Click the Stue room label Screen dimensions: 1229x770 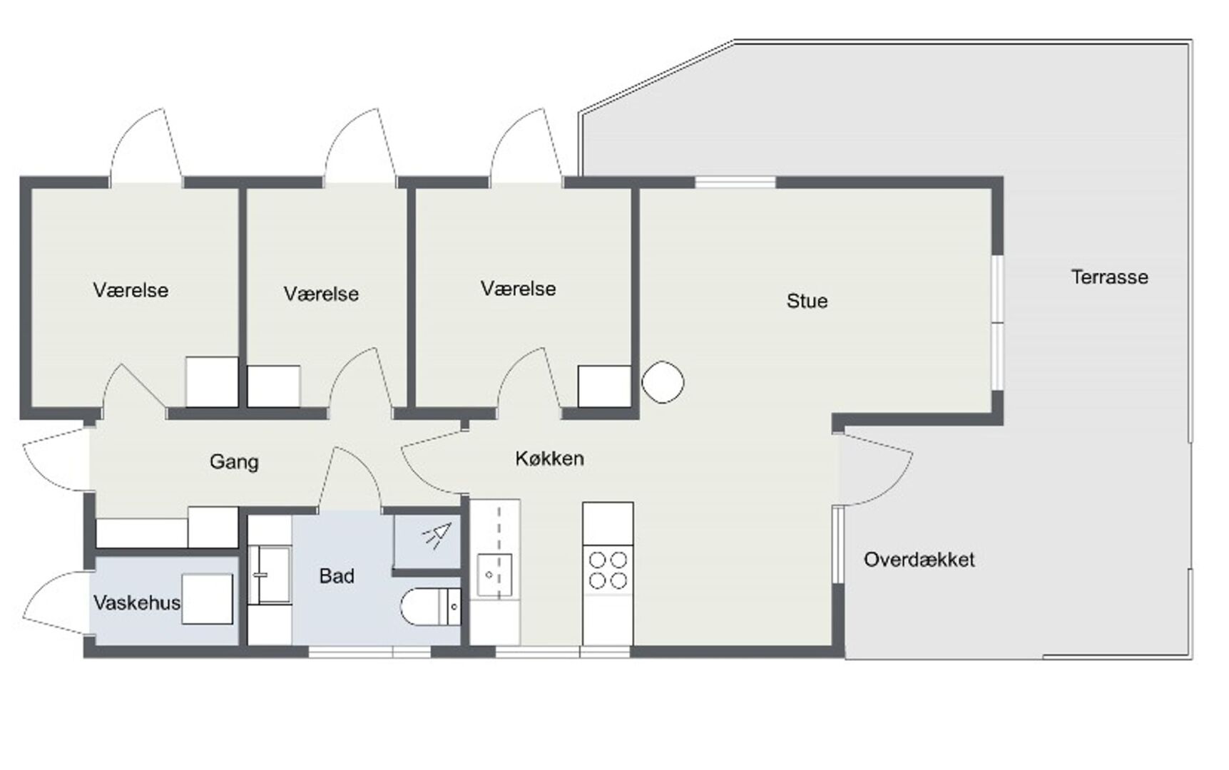click(807, 301)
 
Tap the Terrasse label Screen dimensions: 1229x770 click(1109, 277)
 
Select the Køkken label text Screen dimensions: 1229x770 click(549, 458)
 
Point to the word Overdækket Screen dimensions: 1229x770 click(919, 560)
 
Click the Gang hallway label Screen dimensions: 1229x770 click(234, 462)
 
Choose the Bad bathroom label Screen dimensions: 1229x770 click(337, 576)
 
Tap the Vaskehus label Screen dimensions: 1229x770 click(137, 603)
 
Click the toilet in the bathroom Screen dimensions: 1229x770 click(431, 607)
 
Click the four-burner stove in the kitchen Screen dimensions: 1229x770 click(608, 570)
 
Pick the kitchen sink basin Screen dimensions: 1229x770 click(494, 575)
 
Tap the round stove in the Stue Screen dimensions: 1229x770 click(663, 383)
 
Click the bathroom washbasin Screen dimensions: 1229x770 click(269, 575)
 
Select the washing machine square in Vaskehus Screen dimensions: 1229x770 click(208, 599)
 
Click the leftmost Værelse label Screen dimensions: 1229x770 click(131, 290)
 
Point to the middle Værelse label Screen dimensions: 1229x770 click(321, 294)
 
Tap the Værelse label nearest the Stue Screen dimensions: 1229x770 click(518, 289)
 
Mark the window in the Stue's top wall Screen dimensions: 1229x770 click(735, 183)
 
